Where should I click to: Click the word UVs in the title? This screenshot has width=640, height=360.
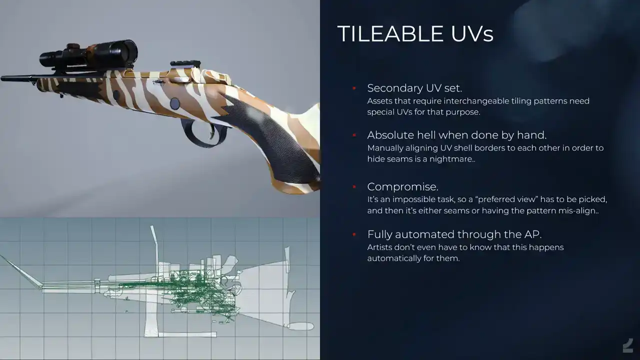(472, 33)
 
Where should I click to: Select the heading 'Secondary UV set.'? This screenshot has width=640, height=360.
(414, 88)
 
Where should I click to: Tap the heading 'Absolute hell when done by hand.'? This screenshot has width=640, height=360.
(457, 135)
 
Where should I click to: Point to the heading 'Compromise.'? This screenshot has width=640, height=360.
(402, 187)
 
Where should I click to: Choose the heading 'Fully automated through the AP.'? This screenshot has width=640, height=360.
(454, 234)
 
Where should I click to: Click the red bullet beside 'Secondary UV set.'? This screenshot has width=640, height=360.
(354, 88)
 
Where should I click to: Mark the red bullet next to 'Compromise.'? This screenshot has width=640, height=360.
(354, 187)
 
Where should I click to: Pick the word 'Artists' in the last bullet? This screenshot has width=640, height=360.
(379, 247)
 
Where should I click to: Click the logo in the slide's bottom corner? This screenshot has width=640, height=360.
(628, 345)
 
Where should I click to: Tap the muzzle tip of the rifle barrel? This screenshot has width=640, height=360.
(2, 78)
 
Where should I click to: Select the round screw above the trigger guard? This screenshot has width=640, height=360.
(174, 103)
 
